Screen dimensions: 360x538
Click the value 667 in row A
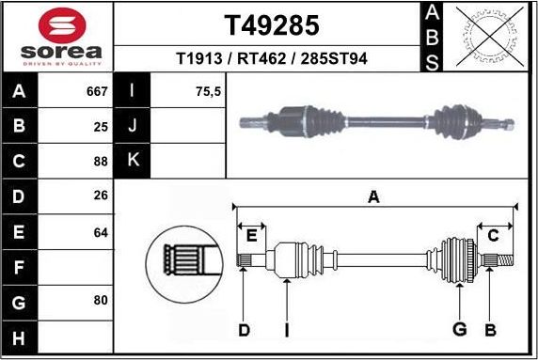pyautogui.click(x=97, y=92)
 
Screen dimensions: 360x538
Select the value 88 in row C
pyautogui.click(x=102, y=161)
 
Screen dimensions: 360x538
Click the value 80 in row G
pyautogui.click(x=102, y=301)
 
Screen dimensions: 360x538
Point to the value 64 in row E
pyautogui.click(x=102, y=231)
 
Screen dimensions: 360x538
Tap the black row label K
pyautogui.click(x=133, y=161)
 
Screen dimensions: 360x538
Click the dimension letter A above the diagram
pyautogui.click(x=373, y=197)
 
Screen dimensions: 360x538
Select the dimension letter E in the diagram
pyautogui.click(x=251, y=235)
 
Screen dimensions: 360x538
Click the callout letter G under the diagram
pyautogui.click(x=460, y=329)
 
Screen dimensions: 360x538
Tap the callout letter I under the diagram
pyautogui.click(x=286, y=329)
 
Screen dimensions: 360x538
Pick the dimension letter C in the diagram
pyautogui.click(x=493, y=235)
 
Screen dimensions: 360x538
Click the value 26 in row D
pyautogui.click(x=102, y=196)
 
